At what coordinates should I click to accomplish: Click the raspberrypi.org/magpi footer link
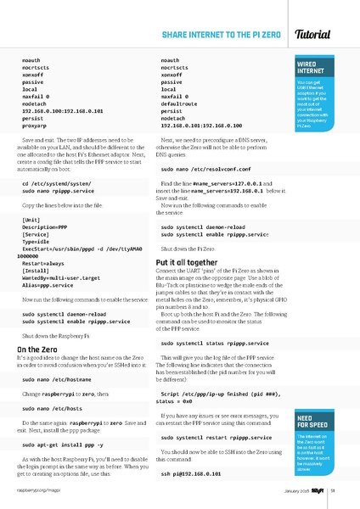[35, 489]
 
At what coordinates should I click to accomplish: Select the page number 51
[335, 489]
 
